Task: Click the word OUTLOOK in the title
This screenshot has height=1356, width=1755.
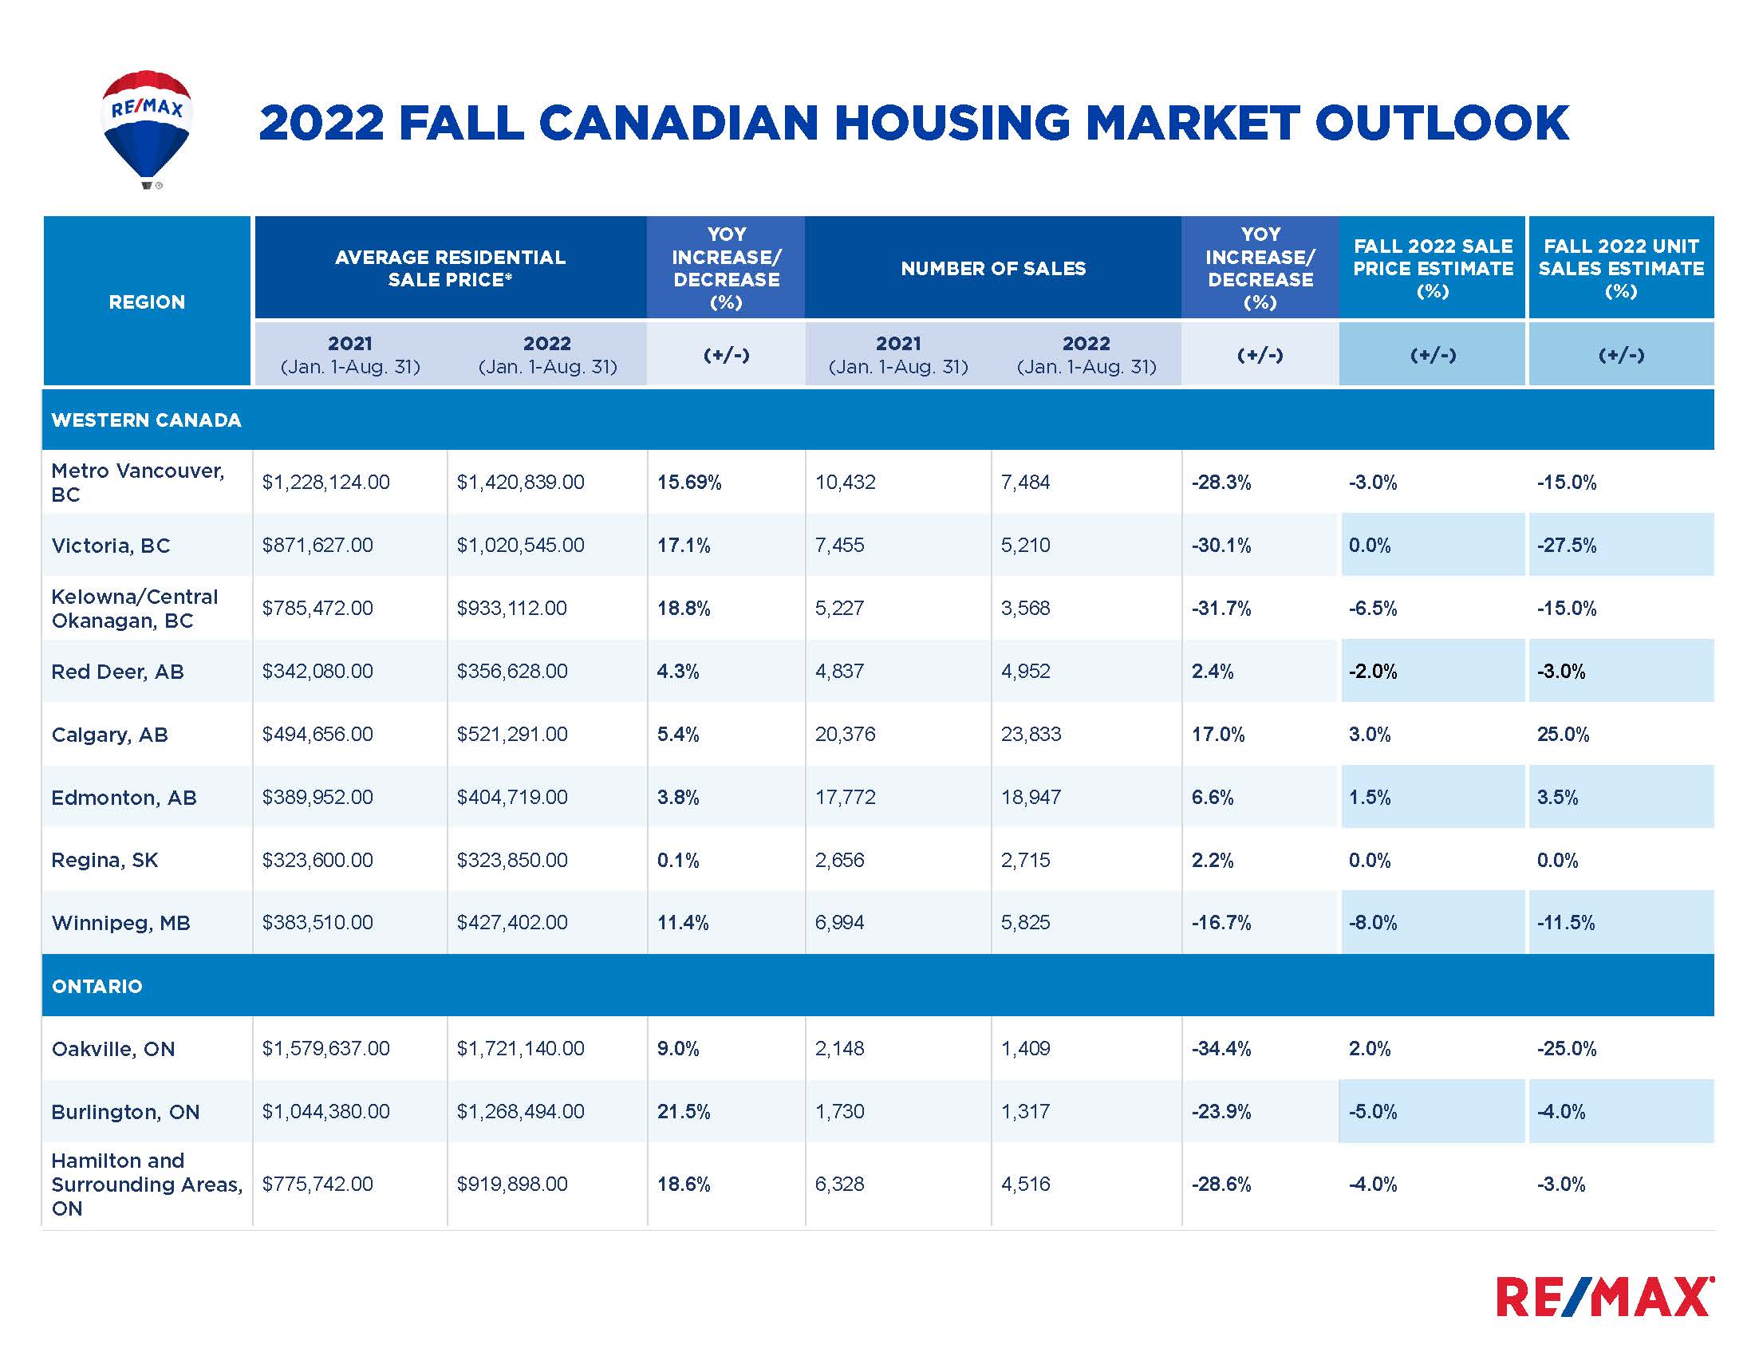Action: pyautogui.click(x=1441, y=123)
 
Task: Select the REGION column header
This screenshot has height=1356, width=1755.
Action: pyautogui.click(x=147, y=302)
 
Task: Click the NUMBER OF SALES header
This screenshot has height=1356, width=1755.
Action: pyautogui.click(x=992, y=268)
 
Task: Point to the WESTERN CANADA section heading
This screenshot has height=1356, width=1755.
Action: pyautogui.click(x=146, y=420)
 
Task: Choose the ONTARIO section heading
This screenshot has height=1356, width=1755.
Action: pyautogui.click(x=97, y=987)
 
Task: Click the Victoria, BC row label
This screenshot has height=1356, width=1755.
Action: pyautogui.click(x=111, y=546)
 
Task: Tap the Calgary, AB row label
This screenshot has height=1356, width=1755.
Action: pyautogui.click(x=109, y=734)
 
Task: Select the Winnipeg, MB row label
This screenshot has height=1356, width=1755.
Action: pyautogui.click(x=120, y=923)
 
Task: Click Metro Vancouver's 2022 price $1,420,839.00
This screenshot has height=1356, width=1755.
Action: pyautogui.click(x=521, y=482)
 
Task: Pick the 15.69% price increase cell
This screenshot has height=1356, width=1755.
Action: pyautogui.click(x=689, y=482)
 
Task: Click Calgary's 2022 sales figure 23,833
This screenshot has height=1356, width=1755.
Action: pyautogui.click(x=1031, y=734)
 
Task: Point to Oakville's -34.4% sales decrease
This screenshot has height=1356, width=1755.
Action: pyautogui.click(x=1221, y=1048)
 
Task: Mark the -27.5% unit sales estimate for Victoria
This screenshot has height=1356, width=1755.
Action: pyautogui.click(x=1567, y=546)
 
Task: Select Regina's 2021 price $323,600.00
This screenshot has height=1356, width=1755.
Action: pyautogui.click(x=317, y=861)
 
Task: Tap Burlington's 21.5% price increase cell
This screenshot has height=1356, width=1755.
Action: pyautogui.click(x=684, y=1112)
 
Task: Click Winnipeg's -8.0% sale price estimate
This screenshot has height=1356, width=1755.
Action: pyautogui.click(x=1373, y=923)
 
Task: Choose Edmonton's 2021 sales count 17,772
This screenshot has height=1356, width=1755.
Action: pyautogui.click(x=846, y=798)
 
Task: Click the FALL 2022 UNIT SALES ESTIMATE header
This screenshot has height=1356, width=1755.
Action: pyautogui.click(x=1621, y=268)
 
